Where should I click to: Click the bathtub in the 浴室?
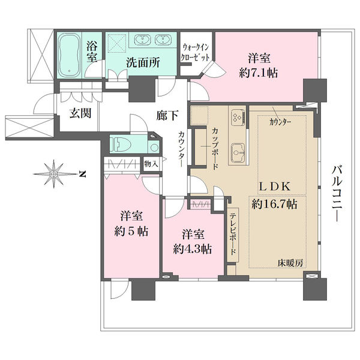click(x=68, y=55)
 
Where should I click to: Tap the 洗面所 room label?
click(x=143, y=62)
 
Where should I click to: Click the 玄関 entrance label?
click(x=80, y=113)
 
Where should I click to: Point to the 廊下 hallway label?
click(x=167, y=115)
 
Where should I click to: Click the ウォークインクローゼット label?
click(x=195, y=52)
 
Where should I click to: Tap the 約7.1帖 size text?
click(x=259, y=73)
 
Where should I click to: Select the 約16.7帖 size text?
click(x=274, y=204)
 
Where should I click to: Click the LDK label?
click(x=275, y=187)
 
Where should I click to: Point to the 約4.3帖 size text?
click(x=193, y=248)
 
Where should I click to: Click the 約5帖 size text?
click(x=131, y=231)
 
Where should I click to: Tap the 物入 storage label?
click(x=151, y=164)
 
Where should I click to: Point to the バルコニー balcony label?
click(x=337, y=194)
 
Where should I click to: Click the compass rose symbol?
click(x=54, y=174)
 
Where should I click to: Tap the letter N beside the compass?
click(x=82, y=174)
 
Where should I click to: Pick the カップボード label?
click(x=215, y=149)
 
